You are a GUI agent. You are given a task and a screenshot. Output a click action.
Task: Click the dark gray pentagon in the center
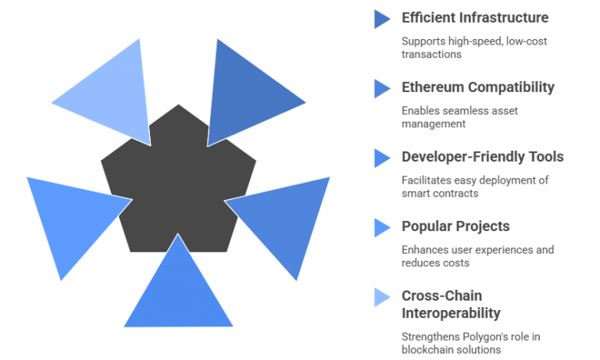pos(178,184)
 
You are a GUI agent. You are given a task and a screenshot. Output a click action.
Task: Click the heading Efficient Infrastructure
pos(474,17)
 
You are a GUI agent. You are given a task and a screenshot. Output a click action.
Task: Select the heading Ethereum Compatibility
pos(477,87)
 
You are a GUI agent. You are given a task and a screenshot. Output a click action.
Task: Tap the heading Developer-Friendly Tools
pos(482,156)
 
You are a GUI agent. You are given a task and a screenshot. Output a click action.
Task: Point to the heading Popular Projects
pos(455,226)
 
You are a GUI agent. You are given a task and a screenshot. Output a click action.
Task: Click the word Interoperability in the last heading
pos(451,313)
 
